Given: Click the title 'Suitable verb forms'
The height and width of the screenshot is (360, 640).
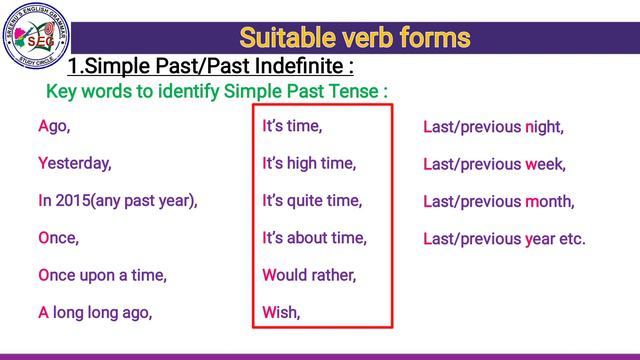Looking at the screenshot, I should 354,38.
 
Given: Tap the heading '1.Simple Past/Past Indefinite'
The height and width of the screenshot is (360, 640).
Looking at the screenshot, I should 210,67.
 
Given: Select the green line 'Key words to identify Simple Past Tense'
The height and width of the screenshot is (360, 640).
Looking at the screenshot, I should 217,92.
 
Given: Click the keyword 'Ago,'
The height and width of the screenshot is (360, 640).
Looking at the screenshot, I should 54,127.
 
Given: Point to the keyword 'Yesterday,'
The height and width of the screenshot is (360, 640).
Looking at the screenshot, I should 75,163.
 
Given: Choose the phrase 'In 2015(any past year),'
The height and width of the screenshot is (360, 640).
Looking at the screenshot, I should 118,200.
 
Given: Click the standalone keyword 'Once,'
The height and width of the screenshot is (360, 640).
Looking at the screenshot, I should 58,238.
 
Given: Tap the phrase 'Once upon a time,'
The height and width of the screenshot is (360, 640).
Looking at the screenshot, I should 102,275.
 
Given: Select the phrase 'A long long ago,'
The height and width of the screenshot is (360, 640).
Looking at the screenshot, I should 95,312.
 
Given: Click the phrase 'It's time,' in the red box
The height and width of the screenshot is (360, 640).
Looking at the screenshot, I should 293,127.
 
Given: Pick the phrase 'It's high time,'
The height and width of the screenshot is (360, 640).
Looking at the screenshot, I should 309,163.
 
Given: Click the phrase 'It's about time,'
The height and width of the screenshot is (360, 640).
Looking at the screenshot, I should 315,238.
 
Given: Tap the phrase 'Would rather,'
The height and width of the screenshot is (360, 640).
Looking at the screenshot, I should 309,275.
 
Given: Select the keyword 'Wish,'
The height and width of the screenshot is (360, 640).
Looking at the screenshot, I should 281,312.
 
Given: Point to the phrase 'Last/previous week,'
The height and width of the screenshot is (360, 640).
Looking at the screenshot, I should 494,163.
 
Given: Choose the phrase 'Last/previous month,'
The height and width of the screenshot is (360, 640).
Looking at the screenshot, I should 499,201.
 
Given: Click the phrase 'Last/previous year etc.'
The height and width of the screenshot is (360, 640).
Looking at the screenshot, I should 504,239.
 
